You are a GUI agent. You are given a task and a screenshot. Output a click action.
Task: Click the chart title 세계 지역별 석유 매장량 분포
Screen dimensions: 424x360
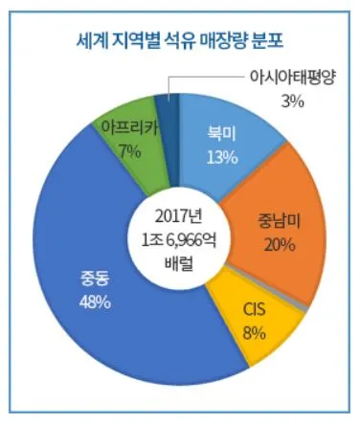pos(181,40)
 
